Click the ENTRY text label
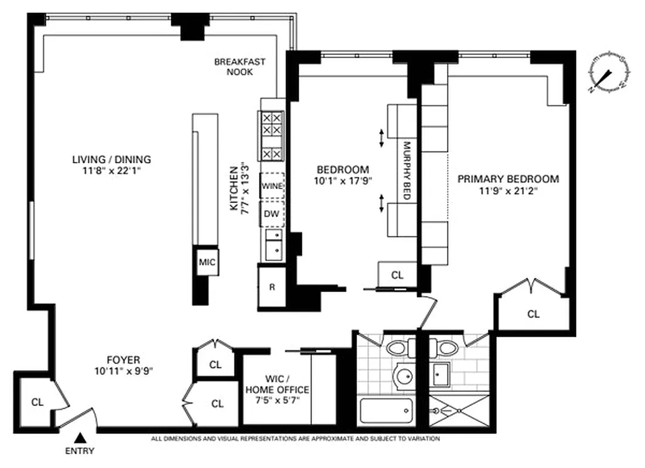pos(79,451)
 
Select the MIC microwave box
pos(207,262)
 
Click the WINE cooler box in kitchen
pos(272,186)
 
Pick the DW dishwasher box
pos(271,214)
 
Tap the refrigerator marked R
pos(272,287)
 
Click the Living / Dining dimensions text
pos(111,170)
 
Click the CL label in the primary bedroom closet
pos(533,314)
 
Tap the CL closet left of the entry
pos(37,402)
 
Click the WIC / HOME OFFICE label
pos(277,384)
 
